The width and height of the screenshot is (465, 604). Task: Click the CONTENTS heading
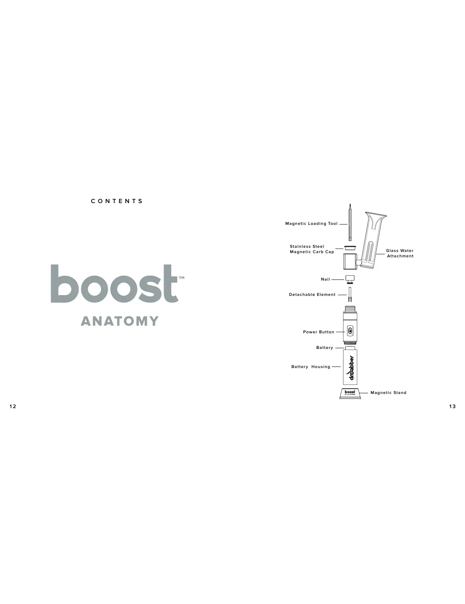click(x=117, y=201)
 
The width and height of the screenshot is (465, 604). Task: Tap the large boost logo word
click(x=114, y=284)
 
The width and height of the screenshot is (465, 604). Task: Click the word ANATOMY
click(x=120, y=321)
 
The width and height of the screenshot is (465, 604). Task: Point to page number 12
click(x=13, y=406)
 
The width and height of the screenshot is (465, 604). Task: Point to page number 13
click(x=452, y=406)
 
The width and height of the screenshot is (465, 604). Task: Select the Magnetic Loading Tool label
click(x=311, y=224)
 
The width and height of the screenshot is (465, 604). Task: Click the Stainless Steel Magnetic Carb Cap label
click(x=312, y=249)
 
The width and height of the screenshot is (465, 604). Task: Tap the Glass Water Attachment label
click(x=400, y=253)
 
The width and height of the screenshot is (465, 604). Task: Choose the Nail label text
click(x=325, y=279)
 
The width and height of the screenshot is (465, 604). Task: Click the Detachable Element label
click(x=312, y=295)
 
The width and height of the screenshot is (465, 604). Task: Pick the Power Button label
click(x=319, y=332)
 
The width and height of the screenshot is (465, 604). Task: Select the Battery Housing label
click(x=311, y=367)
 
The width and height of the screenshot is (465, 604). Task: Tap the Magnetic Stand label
click(x=388, y=392)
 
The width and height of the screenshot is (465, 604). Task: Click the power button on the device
click(x=351, y=331)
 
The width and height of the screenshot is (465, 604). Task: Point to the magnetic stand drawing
click(x=350, y=393)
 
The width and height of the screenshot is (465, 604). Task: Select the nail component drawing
click(x=350, y=279)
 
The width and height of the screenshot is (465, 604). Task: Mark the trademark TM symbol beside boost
click(x=182, y=278)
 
